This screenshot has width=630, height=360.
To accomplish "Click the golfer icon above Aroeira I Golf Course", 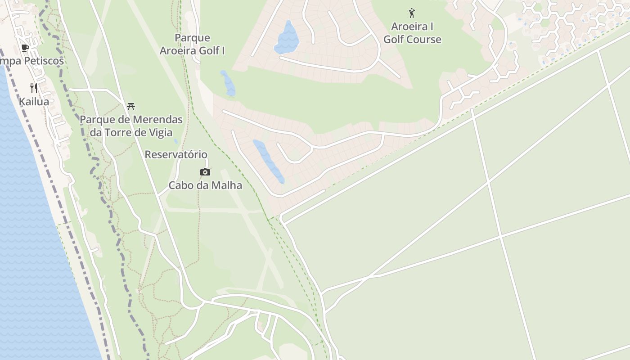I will pos(411,13).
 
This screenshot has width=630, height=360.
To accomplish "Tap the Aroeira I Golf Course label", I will pos(412,33).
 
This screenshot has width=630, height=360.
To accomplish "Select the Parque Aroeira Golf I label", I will pos(192,44).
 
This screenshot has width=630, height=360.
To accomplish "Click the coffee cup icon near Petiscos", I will pos(25,48).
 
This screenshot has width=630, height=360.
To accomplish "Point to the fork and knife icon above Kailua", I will pos(34,88).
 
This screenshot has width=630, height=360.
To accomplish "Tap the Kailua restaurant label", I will pos(34,102).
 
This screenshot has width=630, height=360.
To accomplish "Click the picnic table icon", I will pos(131,107).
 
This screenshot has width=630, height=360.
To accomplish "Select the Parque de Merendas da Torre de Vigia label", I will pos(131,126).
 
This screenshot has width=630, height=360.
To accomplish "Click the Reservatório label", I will pos(176,155).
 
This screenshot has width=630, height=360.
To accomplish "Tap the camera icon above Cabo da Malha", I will pos(205,172).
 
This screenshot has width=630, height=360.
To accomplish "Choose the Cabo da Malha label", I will pos(205,185).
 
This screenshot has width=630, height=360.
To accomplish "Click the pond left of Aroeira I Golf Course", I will pos(287,38).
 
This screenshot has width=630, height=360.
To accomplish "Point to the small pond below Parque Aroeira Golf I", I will pos(228,83).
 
